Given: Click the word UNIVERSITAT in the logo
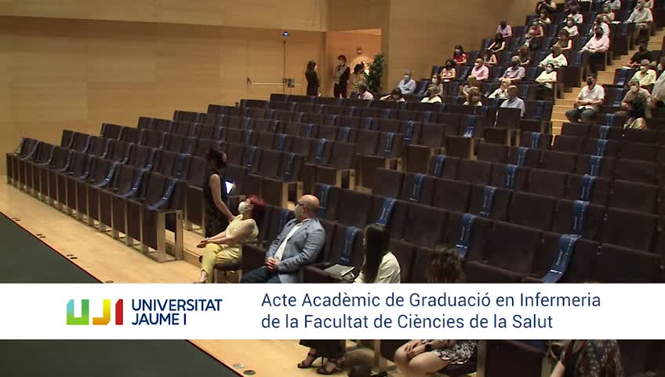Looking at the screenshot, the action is (x=177, y=305).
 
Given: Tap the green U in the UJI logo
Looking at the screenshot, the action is (x=78, y=312).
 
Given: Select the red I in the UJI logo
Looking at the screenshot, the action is (x=118, y=312).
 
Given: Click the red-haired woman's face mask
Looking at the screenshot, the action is (x=242, y=207).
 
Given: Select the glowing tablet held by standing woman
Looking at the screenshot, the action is (x=229, y=187).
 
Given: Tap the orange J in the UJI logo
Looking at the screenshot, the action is (x=102, y=312).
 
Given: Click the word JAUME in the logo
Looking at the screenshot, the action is (x=154, y=319).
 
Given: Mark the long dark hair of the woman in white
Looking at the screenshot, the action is (x=376, y=251).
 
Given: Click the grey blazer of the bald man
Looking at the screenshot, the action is (x=298, y=247).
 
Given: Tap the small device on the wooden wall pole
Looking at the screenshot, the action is (x=290, y=82).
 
